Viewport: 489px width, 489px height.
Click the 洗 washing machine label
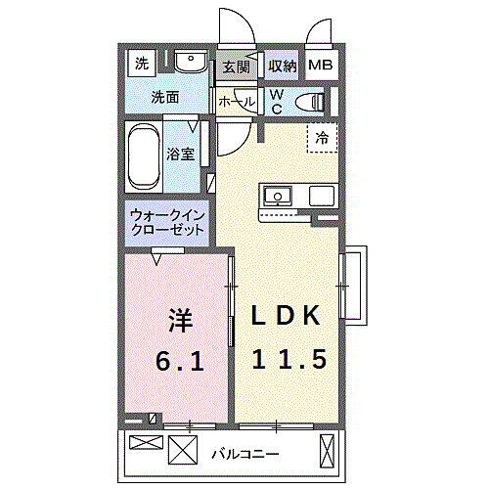click(x=142, y=64)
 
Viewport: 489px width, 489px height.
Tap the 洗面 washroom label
click(x=163, y=98)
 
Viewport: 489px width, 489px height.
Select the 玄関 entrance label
click(x=236, y=67)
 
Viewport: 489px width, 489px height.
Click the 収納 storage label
click(x=282, y=67)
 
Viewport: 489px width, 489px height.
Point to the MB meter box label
click(x=321, y=67)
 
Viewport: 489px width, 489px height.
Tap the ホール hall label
click(x=237, y=102)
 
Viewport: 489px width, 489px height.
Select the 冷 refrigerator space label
click(x=322, y=139)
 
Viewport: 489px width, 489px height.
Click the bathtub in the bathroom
click(x=143, y=156)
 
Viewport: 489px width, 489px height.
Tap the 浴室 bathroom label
click(x=179, y=155)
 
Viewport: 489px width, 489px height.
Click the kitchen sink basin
click(x=278, y=196)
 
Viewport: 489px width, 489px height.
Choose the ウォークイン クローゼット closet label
click(x=166, y=222)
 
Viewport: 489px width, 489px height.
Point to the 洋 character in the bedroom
click(x=178, y=321)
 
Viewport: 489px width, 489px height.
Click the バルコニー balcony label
click(x=244, y=454)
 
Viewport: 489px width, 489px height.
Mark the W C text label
click(x=277, y=100)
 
